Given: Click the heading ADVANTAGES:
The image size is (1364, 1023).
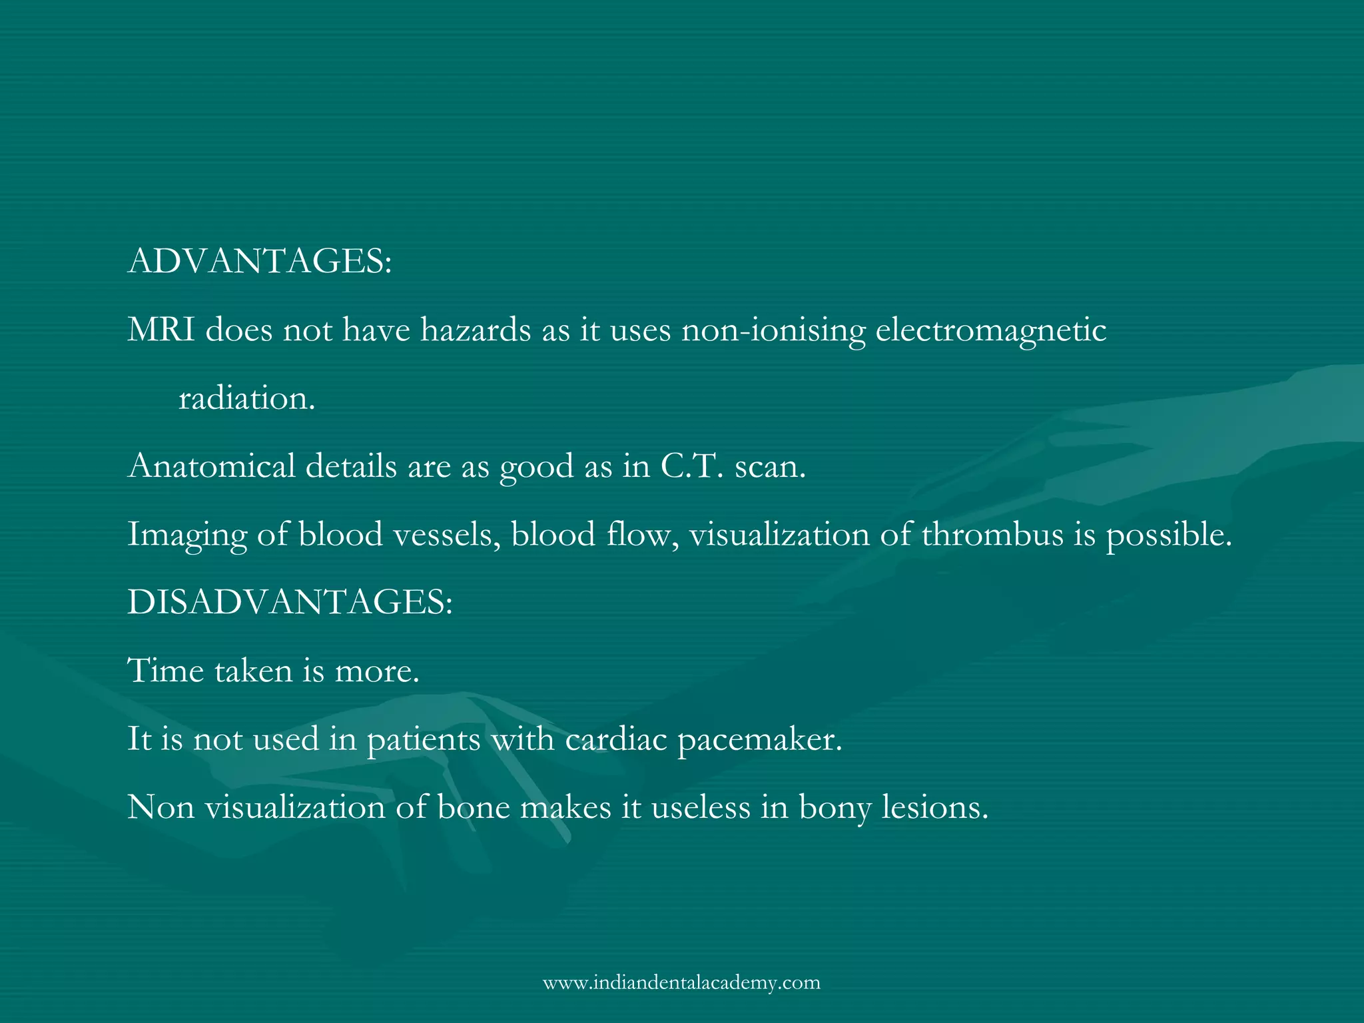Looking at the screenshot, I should [260, 261].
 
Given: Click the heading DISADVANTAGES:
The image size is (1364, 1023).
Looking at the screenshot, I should [290, 602].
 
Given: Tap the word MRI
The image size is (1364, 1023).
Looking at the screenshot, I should [161, 330].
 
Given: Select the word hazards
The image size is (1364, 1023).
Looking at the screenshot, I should [476, 330].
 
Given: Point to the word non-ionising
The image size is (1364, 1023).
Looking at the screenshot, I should [773, 331].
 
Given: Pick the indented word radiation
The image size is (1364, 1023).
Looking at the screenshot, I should [246, 398].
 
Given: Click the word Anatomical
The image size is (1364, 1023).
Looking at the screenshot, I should [211, 466].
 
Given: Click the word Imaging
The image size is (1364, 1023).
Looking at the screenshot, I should [187, 535].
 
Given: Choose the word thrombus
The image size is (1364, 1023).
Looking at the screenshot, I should [992, 534].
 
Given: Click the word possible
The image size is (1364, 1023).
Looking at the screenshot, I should [1169, 535].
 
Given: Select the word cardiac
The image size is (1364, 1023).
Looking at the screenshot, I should [616, 739].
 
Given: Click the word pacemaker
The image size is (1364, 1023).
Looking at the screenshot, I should [760, 740].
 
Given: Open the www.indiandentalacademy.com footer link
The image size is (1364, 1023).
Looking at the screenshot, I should [681, 982].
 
